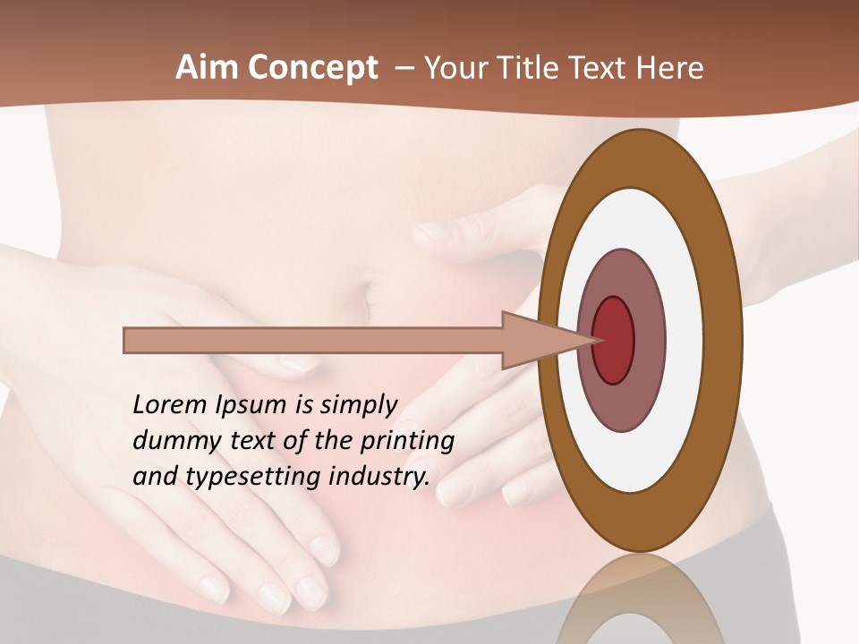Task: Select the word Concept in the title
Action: pos(313,69)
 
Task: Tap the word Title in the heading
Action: pos(535,68)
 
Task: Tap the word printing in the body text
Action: pos(407,441)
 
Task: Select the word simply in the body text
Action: pos(357,405)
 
